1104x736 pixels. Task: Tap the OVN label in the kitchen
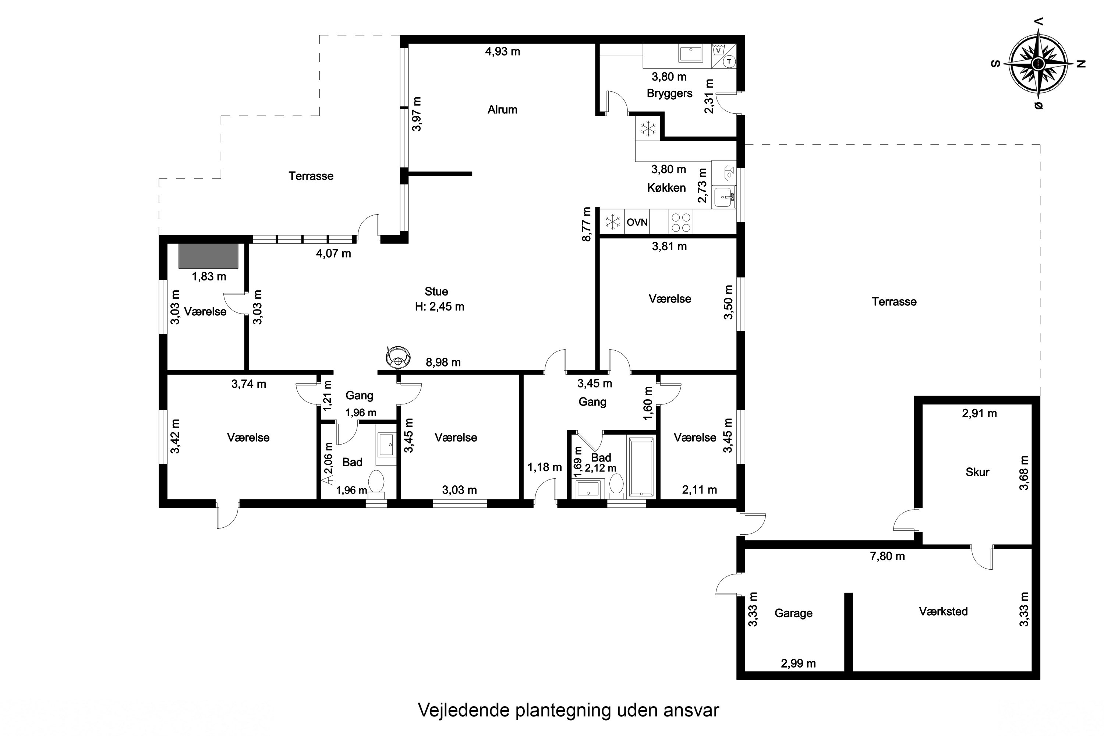[637, 222]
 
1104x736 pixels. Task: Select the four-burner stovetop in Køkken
[680, 222]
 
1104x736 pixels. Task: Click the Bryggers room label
[669, 93]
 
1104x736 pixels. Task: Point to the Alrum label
[502, 109]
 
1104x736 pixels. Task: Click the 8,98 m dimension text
[443, 362]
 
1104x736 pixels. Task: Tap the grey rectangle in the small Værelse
[208, 256]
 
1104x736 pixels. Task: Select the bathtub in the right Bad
[641, 467]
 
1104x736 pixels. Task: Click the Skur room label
[977, 472]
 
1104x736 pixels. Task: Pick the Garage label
[793, 613]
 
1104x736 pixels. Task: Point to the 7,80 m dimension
[887, 556]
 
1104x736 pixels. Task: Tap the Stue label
[436, 291]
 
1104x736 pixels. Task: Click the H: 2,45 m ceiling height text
[440, 307]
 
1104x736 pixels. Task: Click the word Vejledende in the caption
[464, 710]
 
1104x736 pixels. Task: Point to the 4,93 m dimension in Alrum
[503, 52]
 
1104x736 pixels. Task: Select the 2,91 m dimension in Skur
[979, 414]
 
